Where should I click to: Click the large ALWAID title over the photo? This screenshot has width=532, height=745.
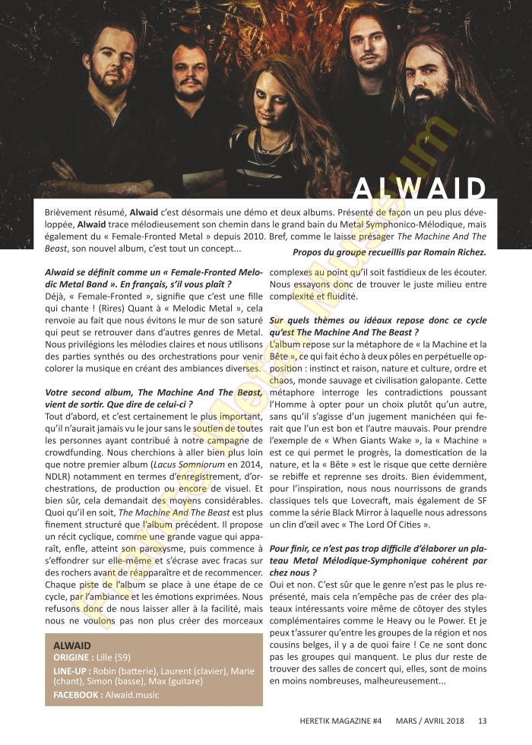click(x=420, y=190)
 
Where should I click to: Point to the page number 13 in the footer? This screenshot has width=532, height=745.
click(x=483, y=721)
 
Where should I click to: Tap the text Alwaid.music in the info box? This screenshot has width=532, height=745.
click(x=133, y=695)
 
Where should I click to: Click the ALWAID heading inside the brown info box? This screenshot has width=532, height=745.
click(x=72, y=645)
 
